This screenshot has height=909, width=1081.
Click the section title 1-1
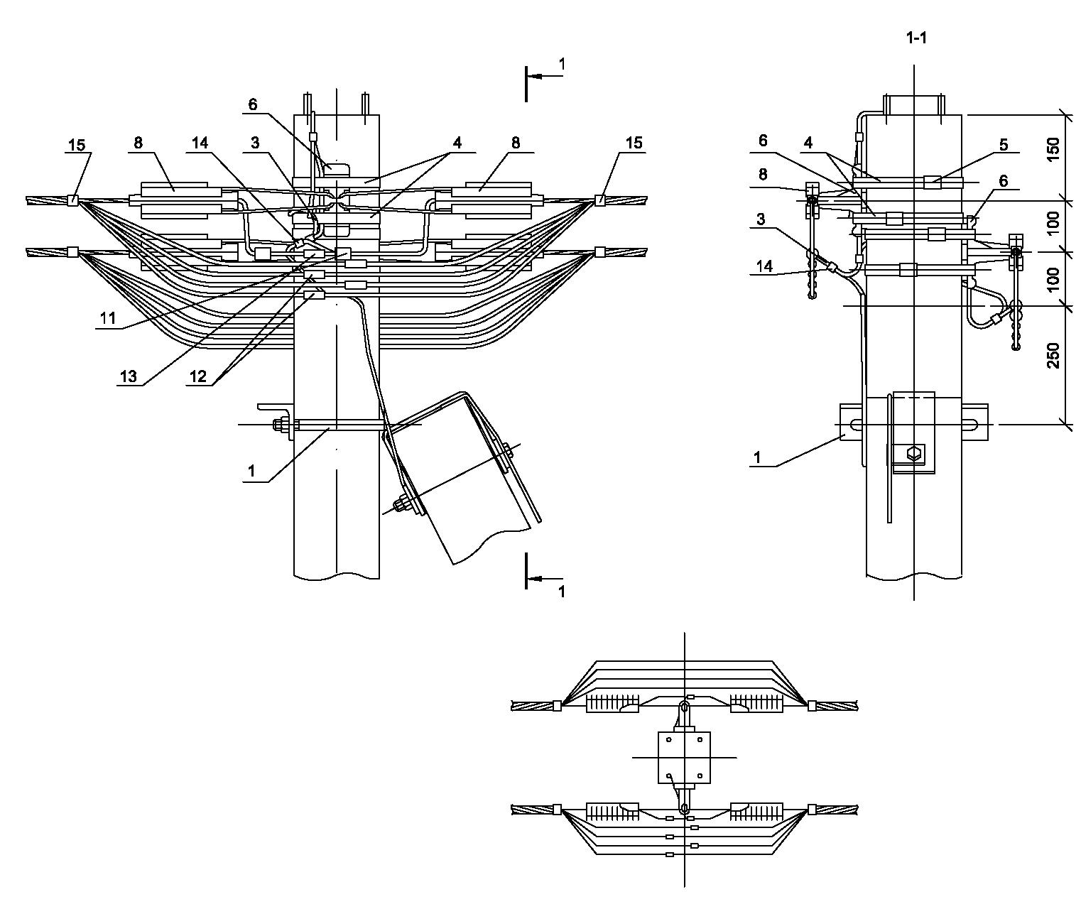point(916,38)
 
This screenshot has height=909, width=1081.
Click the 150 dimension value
point(1053,150)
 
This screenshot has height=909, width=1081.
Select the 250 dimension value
point(1053,356)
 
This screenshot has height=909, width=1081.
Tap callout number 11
point(108,318)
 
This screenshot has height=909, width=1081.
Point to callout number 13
point(129,376)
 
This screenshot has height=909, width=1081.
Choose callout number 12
point(198,376)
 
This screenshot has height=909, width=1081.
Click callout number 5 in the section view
point(1004,144)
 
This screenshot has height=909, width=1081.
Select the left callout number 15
point(77,145)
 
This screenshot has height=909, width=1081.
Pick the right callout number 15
point(634,143)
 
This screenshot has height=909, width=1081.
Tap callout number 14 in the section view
point(764,266)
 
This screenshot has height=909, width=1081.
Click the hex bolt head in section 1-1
point(914,454)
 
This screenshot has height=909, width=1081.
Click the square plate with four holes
point(684,757)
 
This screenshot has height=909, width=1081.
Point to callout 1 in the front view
point(251,471)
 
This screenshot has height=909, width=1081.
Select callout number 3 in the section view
point(761,219)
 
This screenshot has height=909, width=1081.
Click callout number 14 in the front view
point(200,143)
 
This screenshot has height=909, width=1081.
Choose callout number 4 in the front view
point(457,143)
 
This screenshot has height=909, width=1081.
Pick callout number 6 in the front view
point(253,104)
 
